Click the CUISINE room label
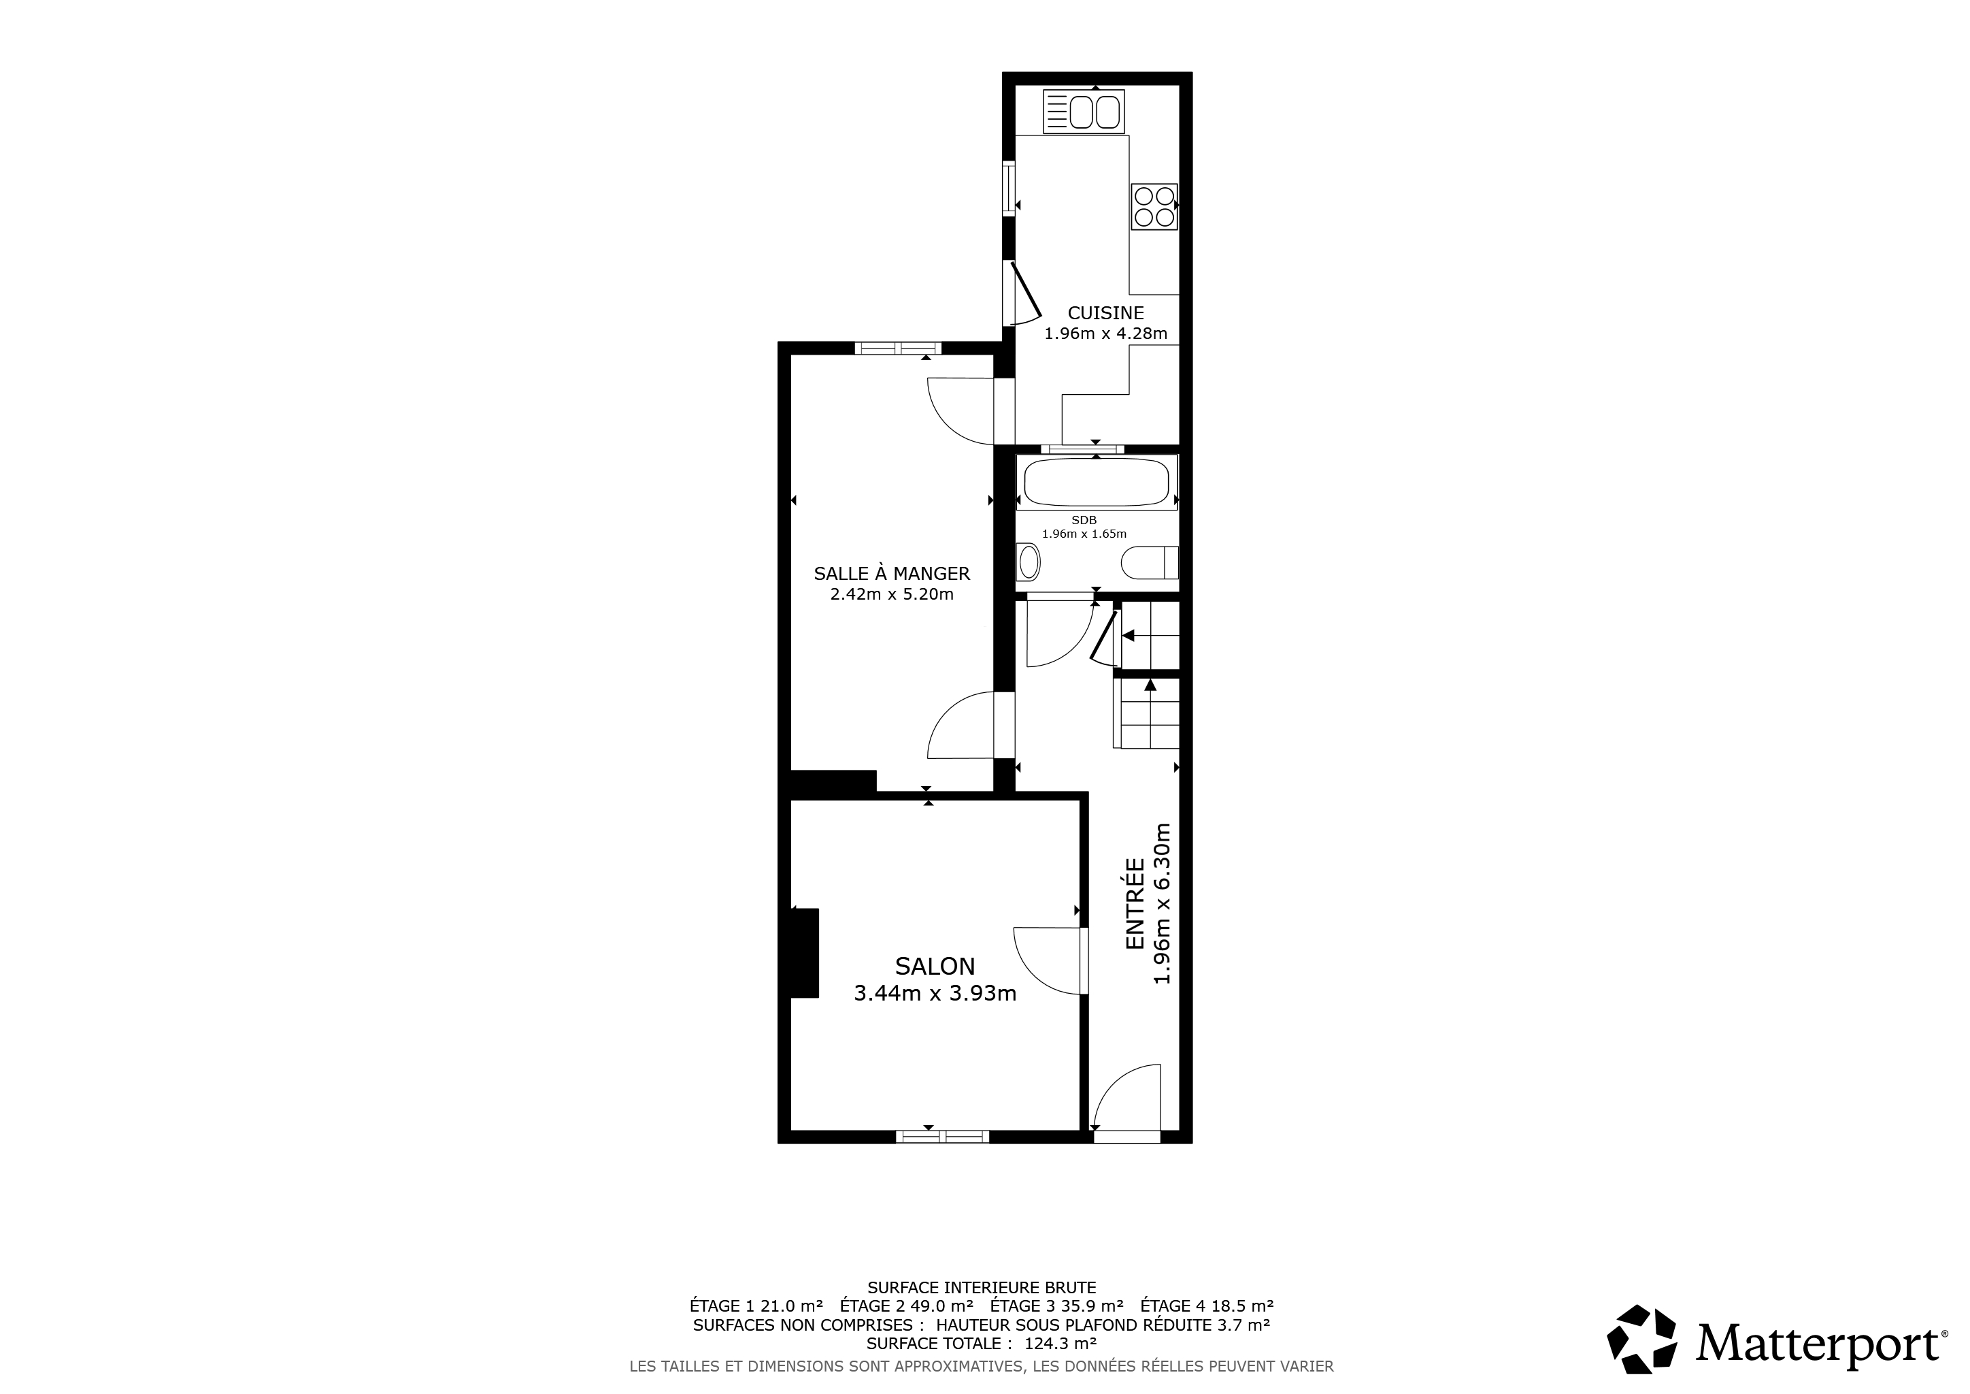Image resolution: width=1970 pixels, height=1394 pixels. pos(1105,313)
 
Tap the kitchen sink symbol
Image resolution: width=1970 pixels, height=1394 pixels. pos(1084,112)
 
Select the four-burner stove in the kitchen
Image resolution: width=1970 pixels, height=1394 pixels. pos(1154,207)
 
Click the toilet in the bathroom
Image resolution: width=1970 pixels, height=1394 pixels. pos(1150,563)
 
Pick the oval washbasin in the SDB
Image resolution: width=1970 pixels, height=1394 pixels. pos(1029,563)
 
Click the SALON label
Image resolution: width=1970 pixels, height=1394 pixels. pos(935,967)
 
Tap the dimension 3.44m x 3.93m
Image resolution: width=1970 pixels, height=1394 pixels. pos(935,994)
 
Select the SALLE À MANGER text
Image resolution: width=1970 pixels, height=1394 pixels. pos(892,573)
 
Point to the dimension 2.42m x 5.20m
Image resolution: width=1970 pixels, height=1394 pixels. pos(892,595)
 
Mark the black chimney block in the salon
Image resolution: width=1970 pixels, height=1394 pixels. pos(804,953)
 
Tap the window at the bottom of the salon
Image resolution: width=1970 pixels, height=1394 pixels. pos(942,1137)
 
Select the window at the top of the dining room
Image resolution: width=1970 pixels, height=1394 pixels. pos(897,348)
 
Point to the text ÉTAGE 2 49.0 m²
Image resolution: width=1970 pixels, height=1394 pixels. pos(907,1306)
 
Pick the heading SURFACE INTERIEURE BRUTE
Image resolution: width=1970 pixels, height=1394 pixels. pos(982,1288)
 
